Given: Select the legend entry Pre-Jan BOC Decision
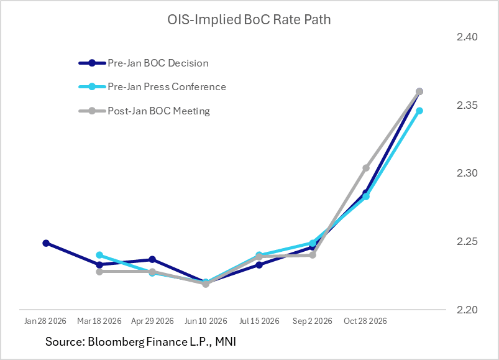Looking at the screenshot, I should [158, 63].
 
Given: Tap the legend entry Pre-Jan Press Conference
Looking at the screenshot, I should [167, 87].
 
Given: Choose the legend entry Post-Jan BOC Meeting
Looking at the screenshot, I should [158, 111].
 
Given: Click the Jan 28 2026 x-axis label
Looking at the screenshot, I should [46, 321].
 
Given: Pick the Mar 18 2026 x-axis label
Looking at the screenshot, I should [99, 321].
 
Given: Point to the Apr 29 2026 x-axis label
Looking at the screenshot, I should [152, 321].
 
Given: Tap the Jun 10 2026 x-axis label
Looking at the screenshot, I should [206, 321].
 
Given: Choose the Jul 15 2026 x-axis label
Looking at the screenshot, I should [259, 321].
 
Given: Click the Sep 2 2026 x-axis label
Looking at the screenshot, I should [313, 321].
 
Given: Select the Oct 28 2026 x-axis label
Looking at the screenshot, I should [366, 321].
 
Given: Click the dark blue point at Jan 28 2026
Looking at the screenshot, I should [46, 243].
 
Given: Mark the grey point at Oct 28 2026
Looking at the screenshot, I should [366, 168].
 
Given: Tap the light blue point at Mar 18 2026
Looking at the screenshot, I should [99, 255].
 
